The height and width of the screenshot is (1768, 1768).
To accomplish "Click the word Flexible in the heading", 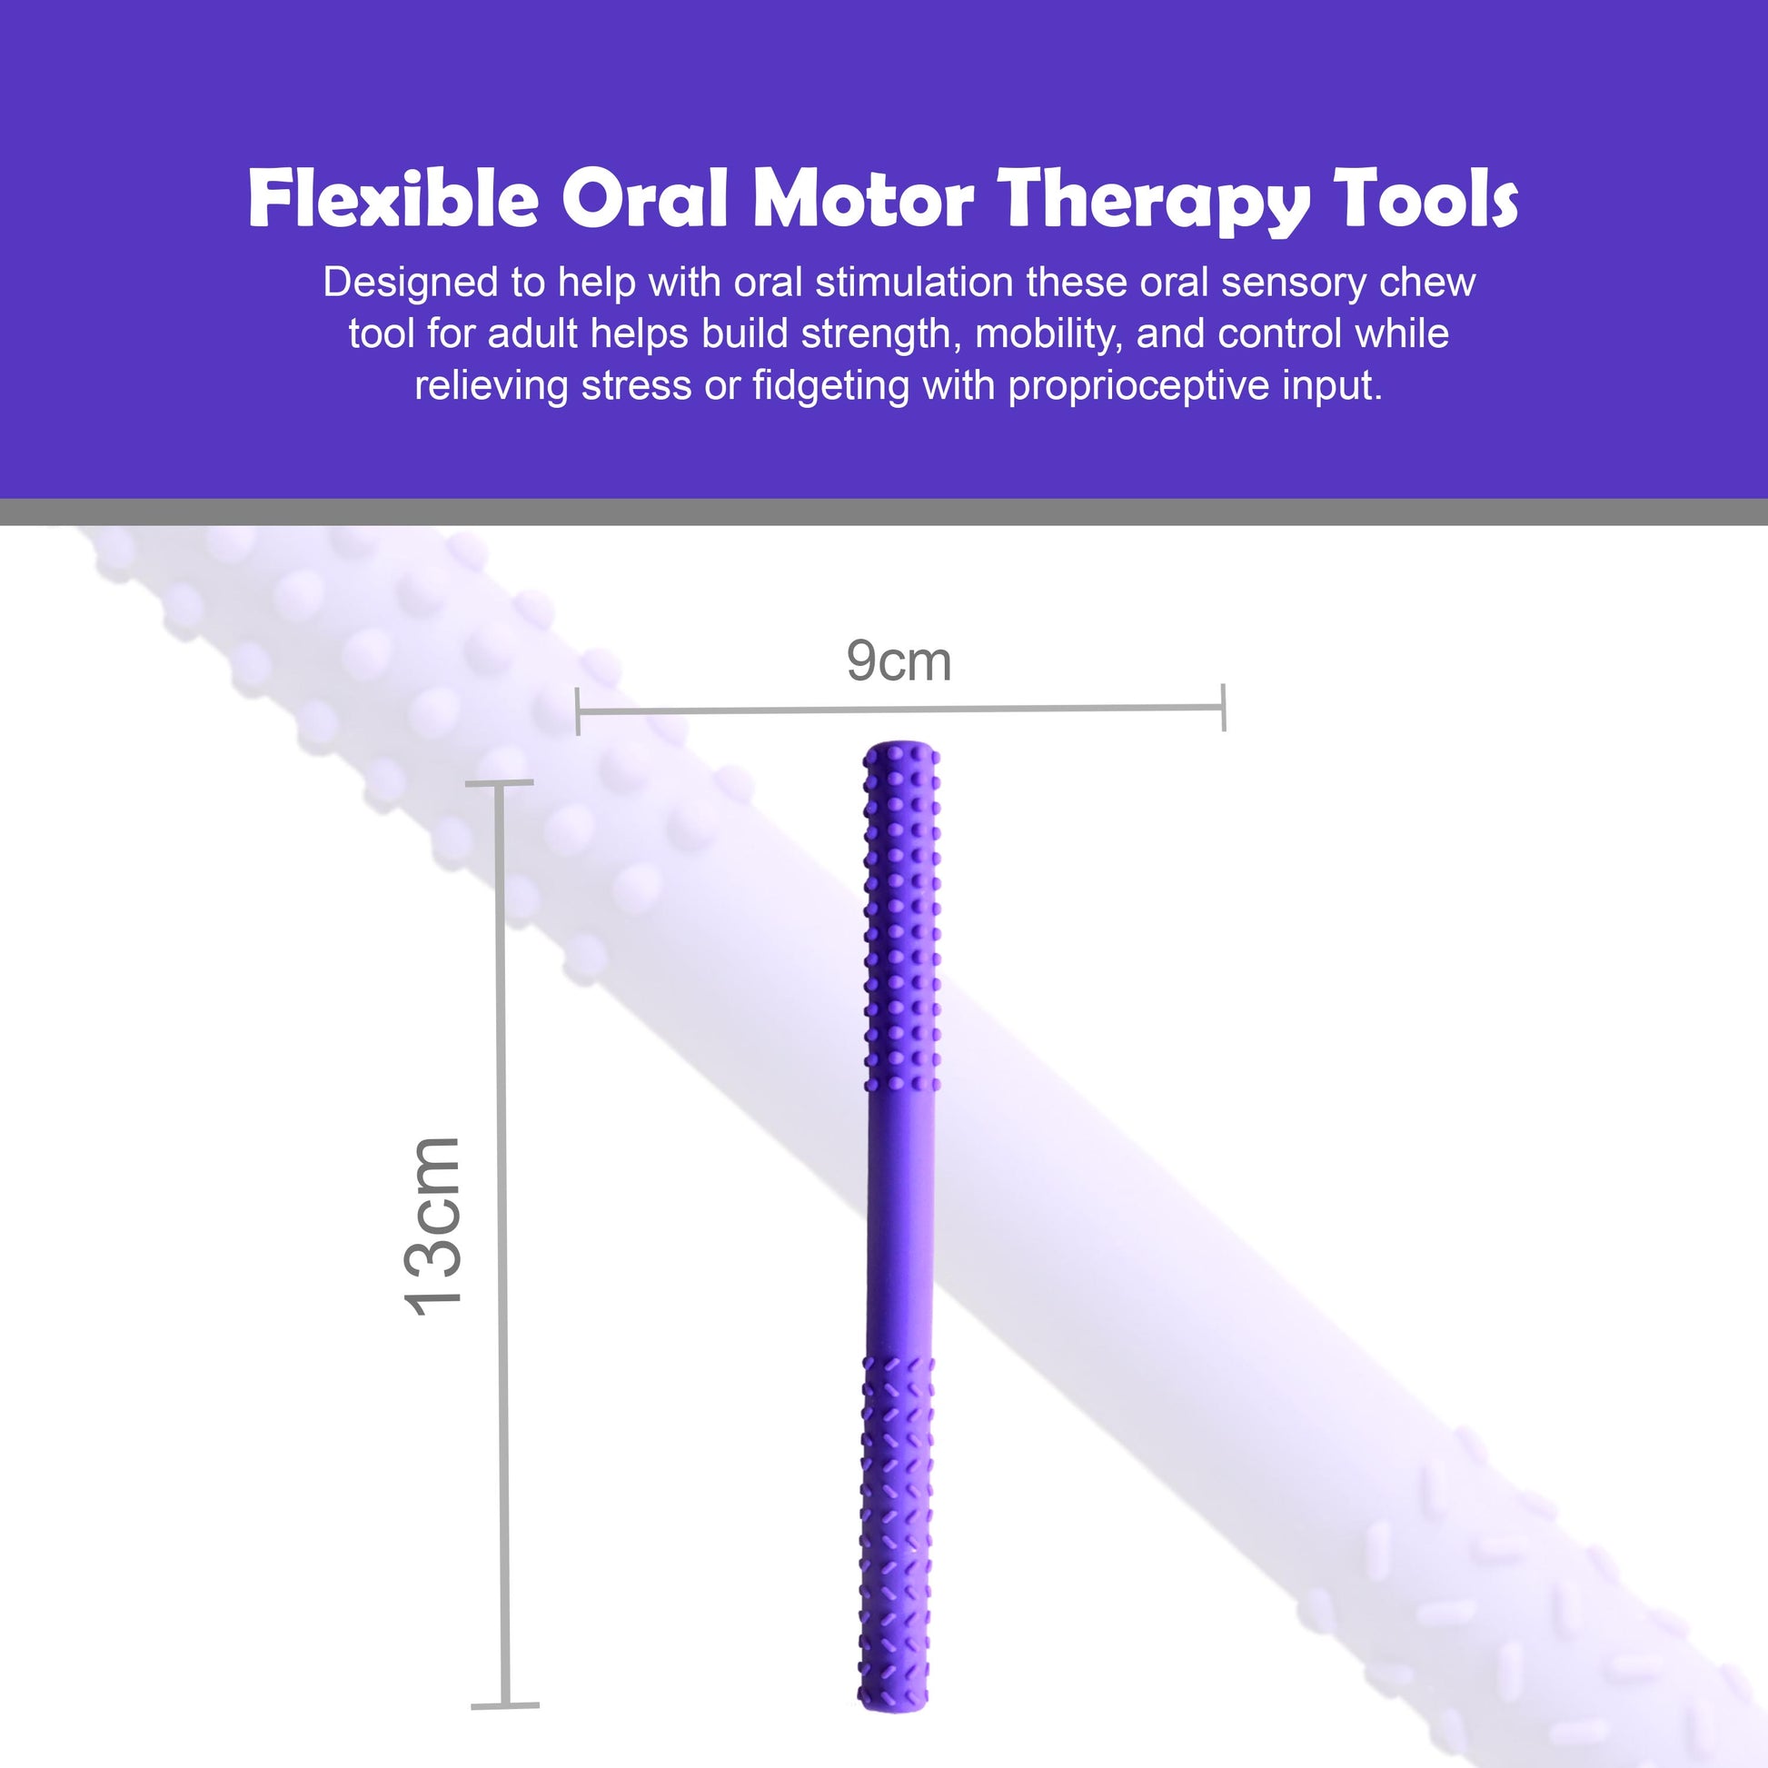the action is pyautogui.click(x=393, y=199).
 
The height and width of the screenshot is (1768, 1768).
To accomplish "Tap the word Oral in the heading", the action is pyautogui.click(x=645, y=199).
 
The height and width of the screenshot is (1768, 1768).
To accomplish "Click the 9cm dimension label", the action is pyautogui.click(x=899, y=661).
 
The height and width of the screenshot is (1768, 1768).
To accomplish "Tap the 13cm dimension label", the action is pyautogui.click(x=432, y=1227).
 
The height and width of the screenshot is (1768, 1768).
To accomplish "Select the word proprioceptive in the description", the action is pyautogui.click(x=1138, y=387).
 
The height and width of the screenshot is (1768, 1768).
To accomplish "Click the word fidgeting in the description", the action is pyautogui.click(x=831, y=387).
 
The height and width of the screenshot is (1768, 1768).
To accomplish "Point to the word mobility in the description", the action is pyautogui.click(x=1048, y=336).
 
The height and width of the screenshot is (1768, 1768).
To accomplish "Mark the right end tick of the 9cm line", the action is pyautogui.click(x=1224, y=708).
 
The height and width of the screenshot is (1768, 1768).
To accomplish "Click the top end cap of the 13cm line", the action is pyautogui.click(x=500, y=783).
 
